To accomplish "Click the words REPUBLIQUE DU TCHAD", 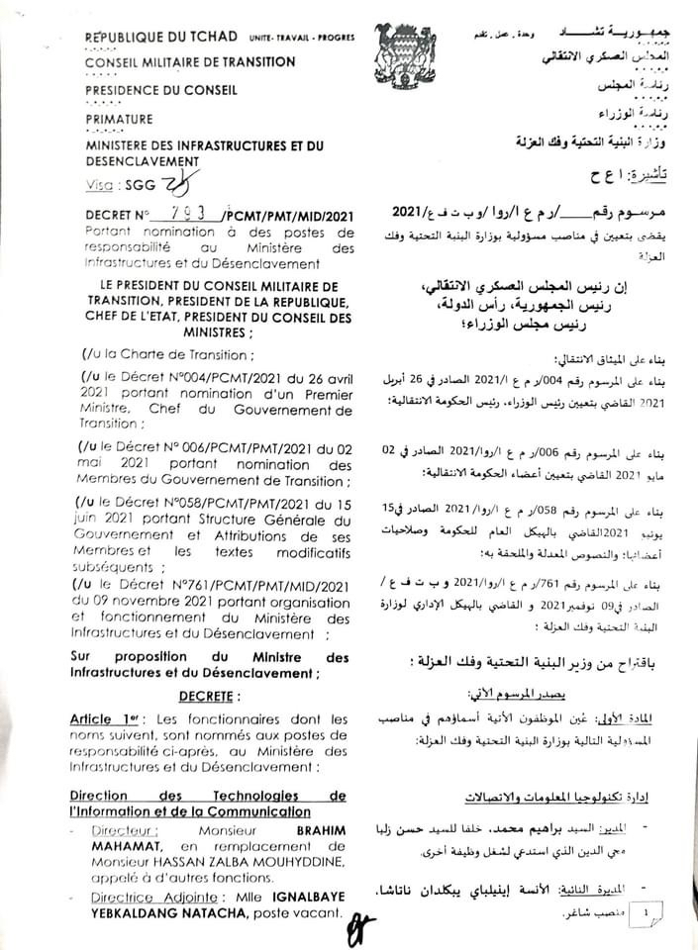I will [x=160, y=37].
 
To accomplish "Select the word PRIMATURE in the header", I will [x=119, y=119].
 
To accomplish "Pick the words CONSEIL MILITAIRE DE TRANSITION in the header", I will [x=190, y=61].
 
